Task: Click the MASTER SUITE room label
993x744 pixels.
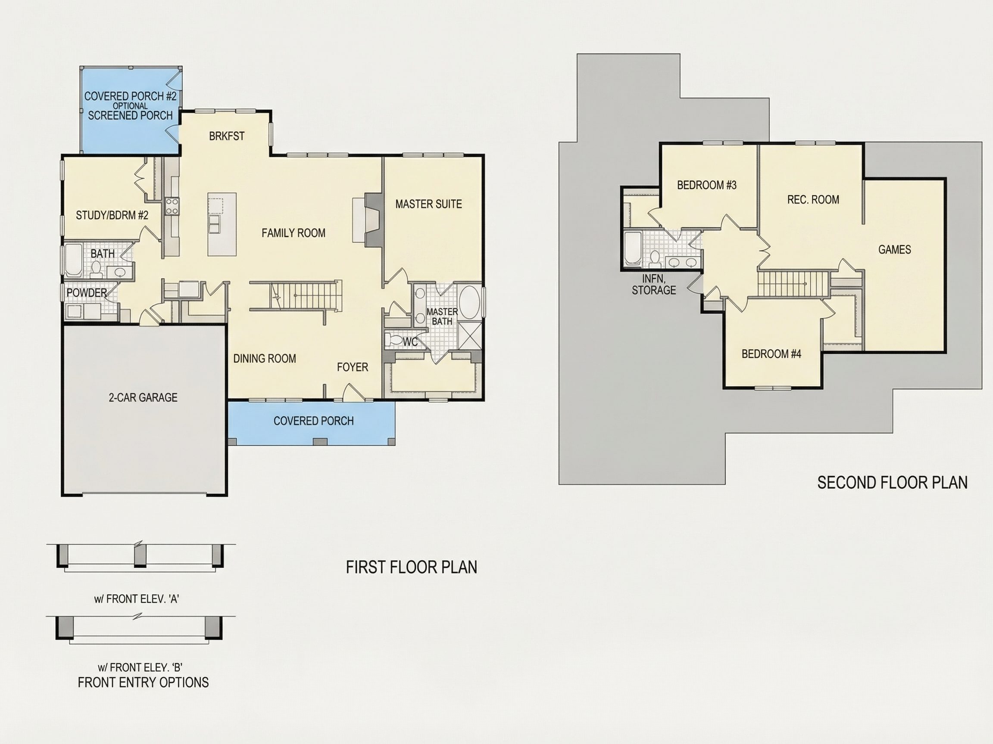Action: click(428, 204)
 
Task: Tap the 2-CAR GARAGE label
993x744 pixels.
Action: click(143, 397)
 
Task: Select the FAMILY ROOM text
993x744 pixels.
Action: click(293, 233)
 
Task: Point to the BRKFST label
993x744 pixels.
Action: click(227, 136)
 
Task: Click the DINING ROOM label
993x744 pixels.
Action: click(264, 358)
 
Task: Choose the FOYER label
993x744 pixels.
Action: click(353, 367)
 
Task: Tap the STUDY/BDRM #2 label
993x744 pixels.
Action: click(112, 215)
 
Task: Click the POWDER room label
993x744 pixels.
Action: click(87, 293)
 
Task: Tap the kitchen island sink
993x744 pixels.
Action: click(215, 224)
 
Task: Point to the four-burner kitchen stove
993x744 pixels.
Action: click(172, 207)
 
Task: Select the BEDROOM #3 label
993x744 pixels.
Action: click(706, 185)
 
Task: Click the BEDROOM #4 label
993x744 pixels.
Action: click(771, 354)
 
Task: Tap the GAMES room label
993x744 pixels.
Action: click(894, 249)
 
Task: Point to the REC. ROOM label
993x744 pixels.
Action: click(813, 200)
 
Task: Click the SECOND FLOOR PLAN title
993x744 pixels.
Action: click(892, 483)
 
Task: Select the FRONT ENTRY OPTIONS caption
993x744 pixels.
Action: click(143, 682)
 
